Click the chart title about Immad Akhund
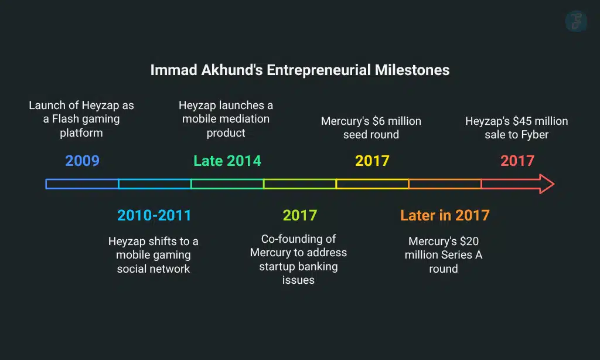pyautogui.click(x=299, y=70)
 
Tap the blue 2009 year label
pyautogui.click(x=83, y=160)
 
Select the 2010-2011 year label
pyautogui.click(x=154, y=215)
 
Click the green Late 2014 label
pyautogui.click(x=227, y=160)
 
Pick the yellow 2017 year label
pyautogui.click(x=372, y=160)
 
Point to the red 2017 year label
pyautogui.click(x=517, y=160)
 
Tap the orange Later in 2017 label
pyautogui.click(x=445, y=215)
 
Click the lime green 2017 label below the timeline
pyautogui.click(x=299, y=215)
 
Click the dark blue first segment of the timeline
pyautogui.click(x=83, y=184)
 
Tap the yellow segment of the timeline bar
pyautogui.click(x=372, y=184)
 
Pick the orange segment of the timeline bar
pyautogui.click(x=445, y=184)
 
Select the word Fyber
pyautogui.click(x=534, y=134)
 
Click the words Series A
pyautogui.click(x=461, y=255)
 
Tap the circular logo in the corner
pyautogui.click(x=576, y=21)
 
